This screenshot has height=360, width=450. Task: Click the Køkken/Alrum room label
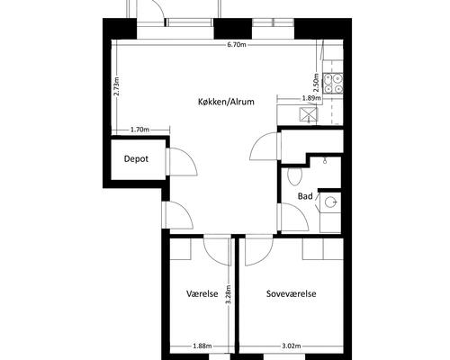[x=226, y=102]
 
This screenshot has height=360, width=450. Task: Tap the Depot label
[x=136, y=158]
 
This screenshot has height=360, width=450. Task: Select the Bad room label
[x=305, y=196]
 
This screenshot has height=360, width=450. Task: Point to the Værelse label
[x=202, y=293]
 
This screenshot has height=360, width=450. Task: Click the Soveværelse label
[x=292, y=293]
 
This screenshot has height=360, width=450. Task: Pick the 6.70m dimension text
[x=237, y=45]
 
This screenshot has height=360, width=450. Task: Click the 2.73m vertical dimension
[x=117, y=86]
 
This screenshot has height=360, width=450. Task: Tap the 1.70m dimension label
[x=140, y=130]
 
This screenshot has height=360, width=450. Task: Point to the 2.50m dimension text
[x=316, y=83]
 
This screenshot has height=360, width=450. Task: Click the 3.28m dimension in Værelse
[x=229, y=294]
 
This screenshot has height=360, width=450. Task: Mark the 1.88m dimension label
[x=202, y=346]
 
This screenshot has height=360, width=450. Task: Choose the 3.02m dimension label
[x=292, y=346]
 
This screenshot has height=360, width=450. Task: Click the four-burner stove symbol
[x=333, y=84]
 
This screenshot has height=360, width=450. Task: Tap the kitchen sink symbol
[x=308, y=114]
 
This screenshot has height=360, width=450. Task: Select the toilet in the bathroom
[x=294, y=176]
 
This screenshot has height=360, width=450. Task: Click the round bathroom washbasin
[x=331, y=202]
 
